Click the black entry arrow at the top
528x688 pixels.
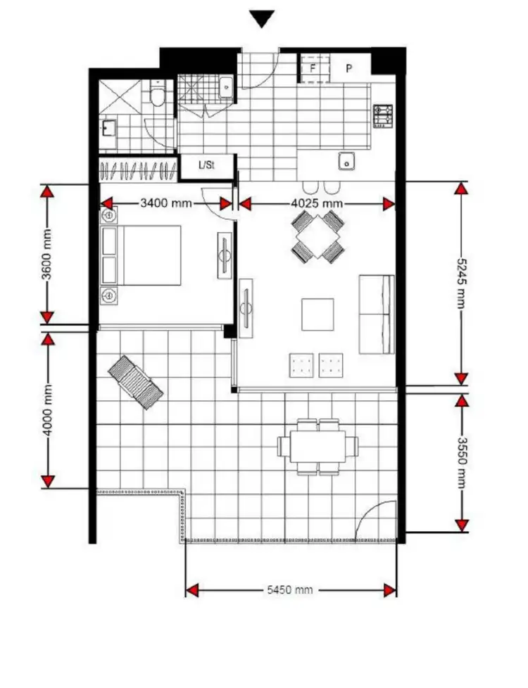pyautogui.click(x=263, y=19)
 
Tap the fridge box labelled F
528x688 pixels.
pyautogui.click(x=313, y=69)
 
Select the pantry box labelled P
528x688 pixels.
pyautogui.click(x=348, y=69)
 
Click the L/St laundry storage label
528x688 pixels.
pyautogui.click(x=206, y=167)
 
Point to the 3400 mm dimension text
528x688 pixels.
pyautogui.click(x=166, y=204)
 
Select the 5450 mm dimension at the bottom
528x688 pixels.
pyautogui.click(x=291, y=590)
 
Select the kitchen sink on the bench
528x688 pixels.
pyautogui.click(x=346, y=161)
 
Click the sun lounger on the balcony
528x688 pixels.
pyautogui.click(x=135, y=382)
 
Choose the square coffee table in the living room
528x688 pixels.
pyautogui.click(x=318, y=314)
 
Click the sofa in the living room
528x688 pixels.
pyautogui.click(x=377, y=314)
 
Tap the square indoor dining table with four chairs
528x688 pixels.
pyautogui.click(x=318, y=236)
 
